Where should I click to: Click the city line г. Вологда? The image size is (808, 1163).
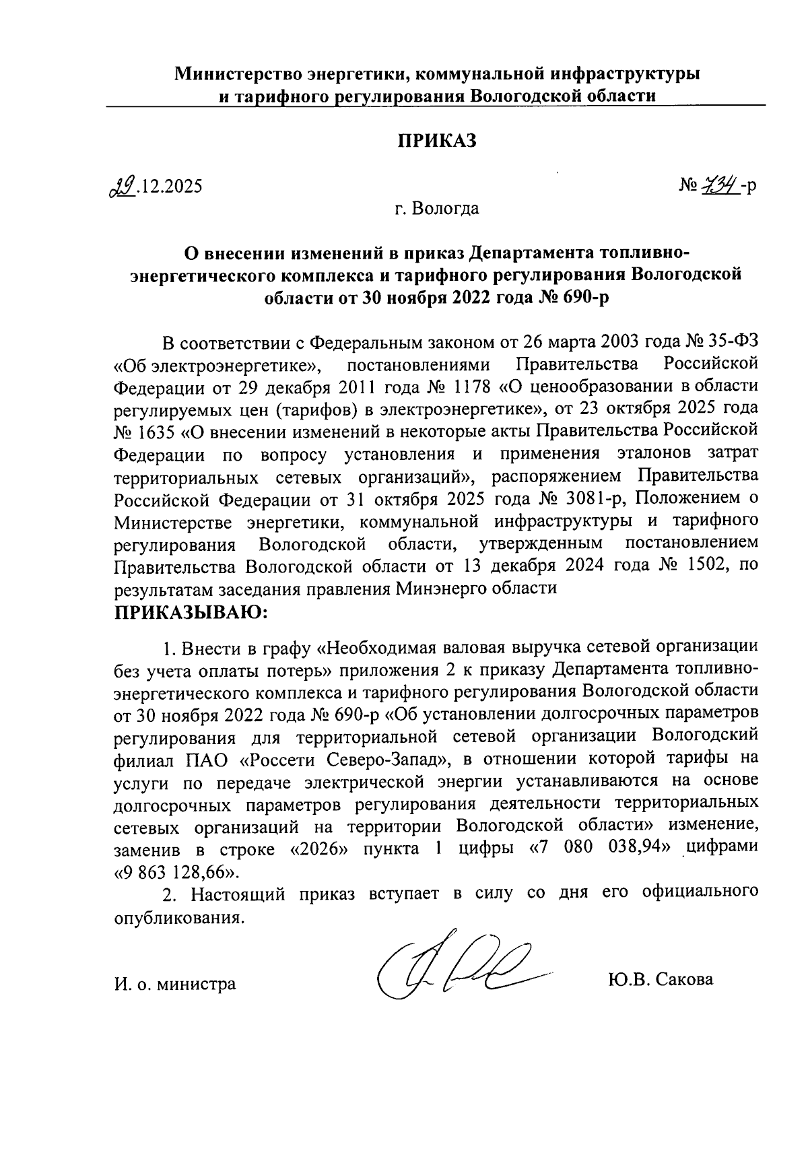pos(437,208)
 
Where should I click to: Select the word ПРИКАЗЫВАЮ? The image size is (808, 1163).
pos(191,613)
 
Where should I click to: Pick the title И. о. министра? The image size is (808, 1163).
pos(175,983)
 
